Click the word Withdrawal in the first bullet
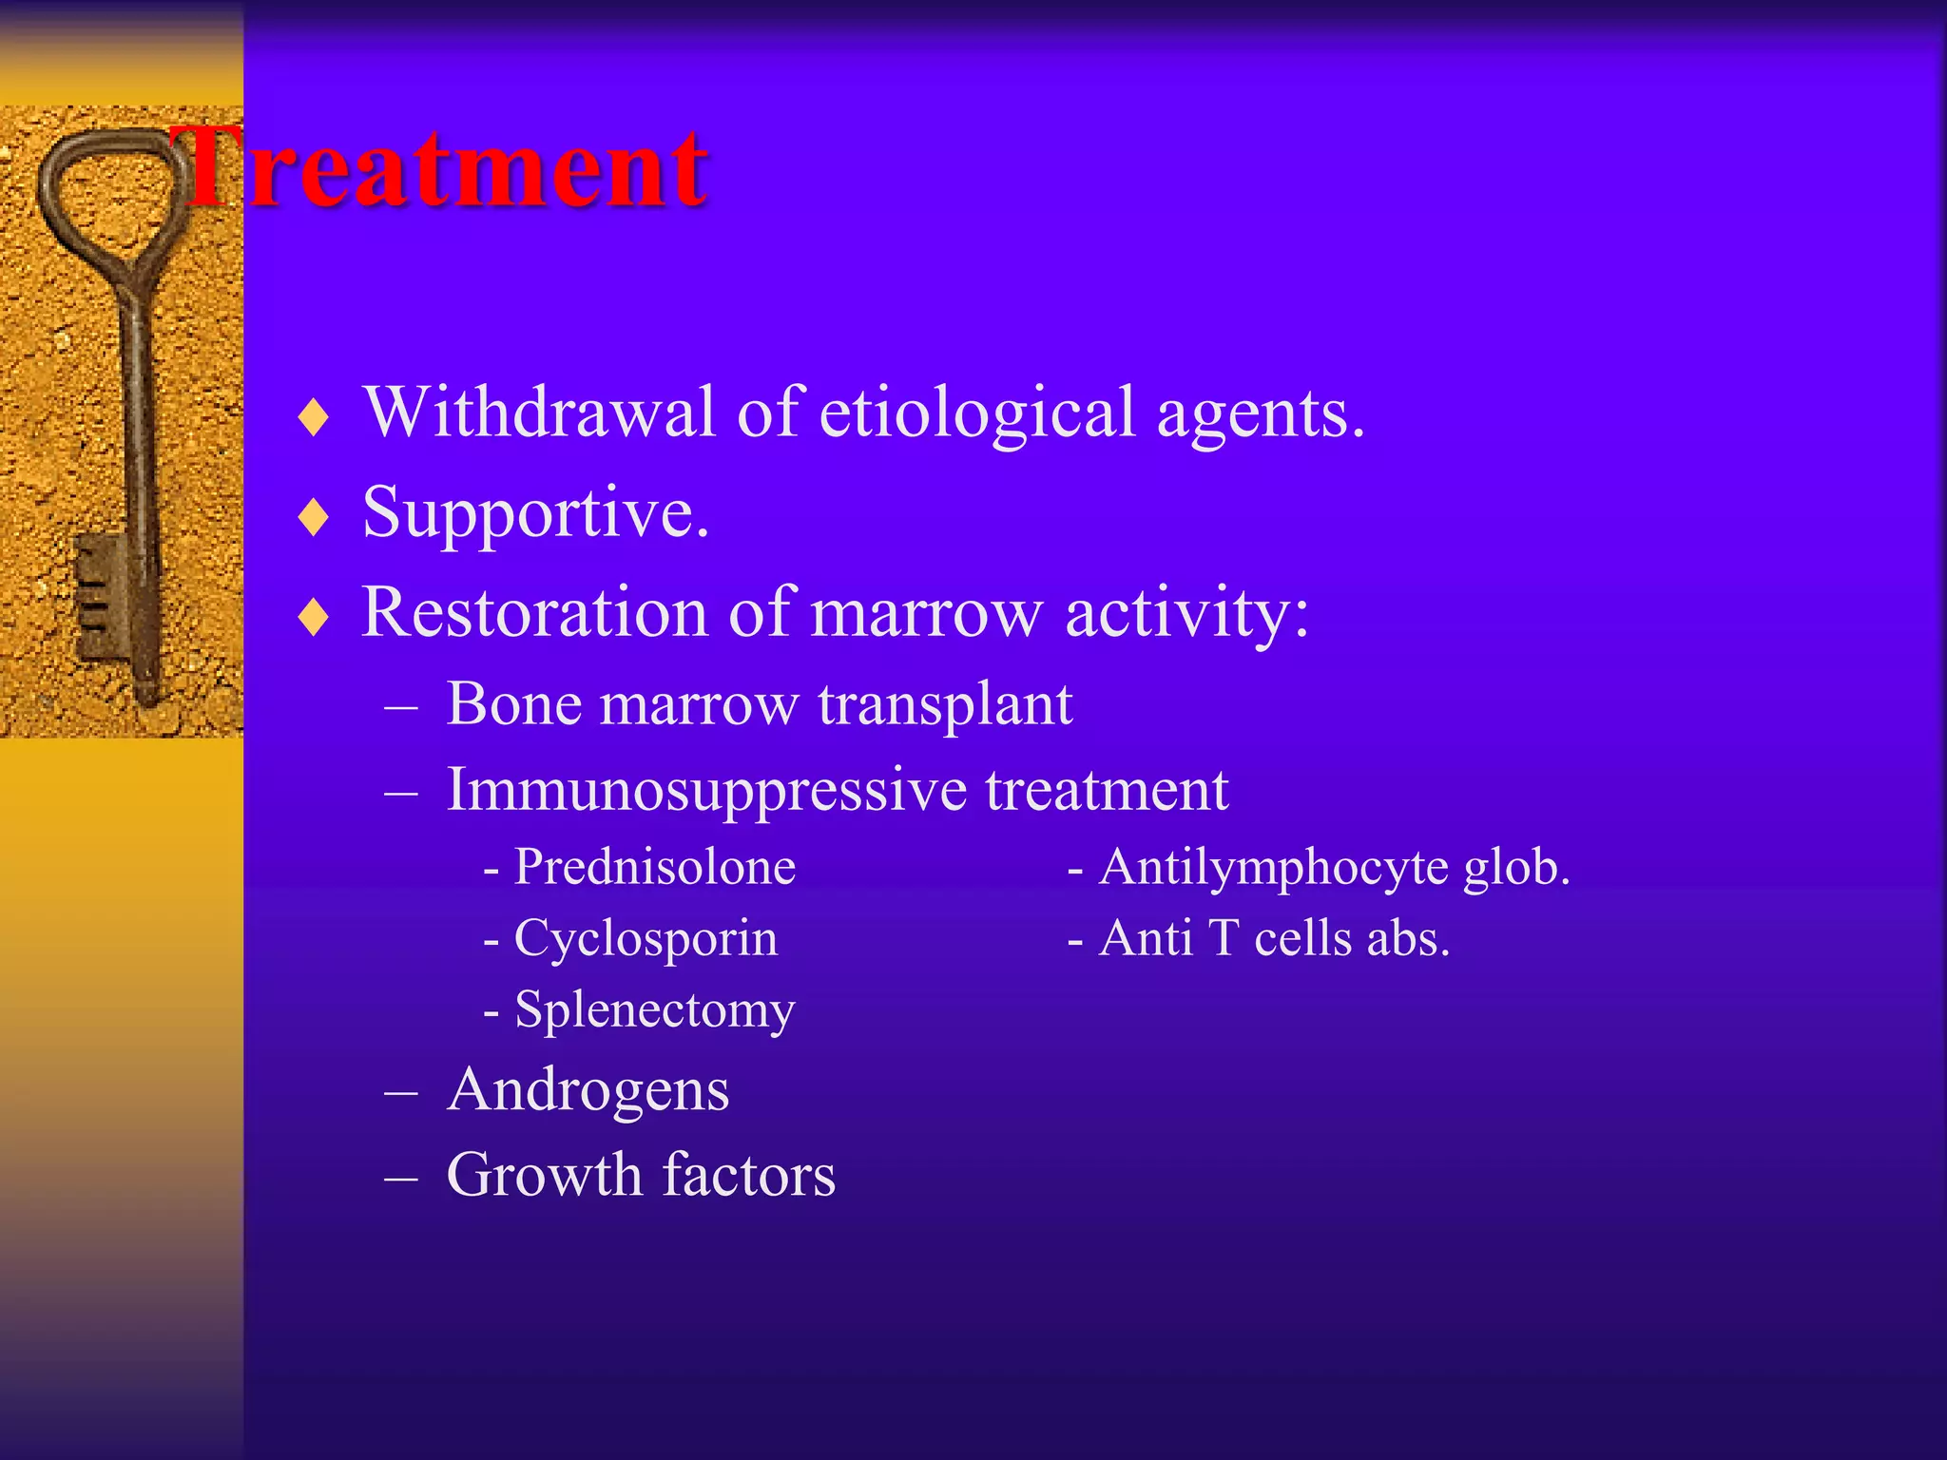pos(538,413)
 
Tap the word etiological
pos(977,413)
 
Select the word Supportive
pos(535,514)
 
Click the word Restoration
pos(534,613)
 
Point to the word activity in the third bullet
pos(1186,613)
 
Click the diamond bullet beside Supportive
pos(313,518)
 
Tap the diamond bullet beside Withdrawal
pos(313,417)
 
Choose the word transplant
pos(945,705)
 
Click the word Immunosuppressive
pos(706,791)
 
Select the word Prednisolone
pos(654,867)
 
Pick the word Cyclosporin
pos(646,939)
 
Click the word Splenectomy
pos(654,1010)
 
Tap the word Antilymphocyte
pos(1274,867)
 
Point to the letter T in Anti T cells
pos(1224,939)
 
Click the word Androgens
pos(588,1090)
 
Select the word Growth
pos(544,1176)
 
